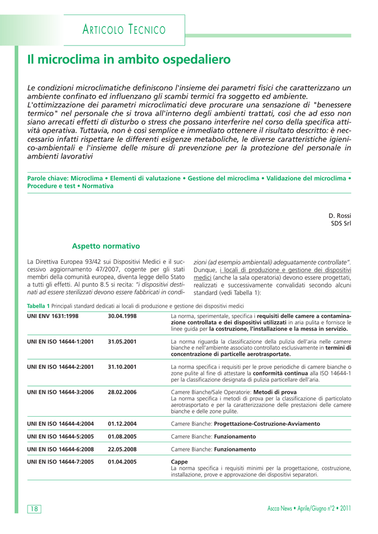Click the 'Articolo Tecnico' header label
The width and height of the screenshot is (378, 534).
[x=124, y=30]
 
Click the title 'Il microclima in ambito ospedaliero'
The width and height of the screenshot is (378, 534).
[x=128, y=60]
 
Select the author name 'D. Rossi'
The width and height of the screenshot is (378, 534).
[x=339, y=215]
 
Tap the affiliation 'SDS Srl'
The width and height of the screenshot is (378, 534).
[x=341, y=224]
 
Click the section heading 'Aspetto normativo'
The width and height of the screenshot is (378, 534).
[x=106, y=246]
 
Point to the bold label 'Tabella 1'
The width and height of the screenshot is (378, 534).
[x=38, y=306]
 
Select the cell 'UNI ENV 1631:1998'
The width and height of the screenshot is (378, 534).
[x=53, y=317]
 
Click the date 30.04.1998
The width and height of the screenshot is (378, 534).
[x=122, y=317]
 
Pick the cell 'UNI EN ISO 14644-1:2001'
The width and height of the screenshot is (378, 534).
[x=60, y=342]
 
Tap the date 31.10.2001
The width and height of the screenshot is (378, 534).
[x=122, y=367]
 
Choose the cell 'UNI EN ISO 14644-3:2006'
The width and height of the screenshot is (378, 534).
[x=60, y=392]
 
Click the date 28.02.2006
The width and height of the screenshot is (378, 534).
[x=122, y=392]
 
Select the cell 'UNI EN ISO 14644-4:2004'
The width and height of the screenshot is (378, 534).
[x=60, y=424]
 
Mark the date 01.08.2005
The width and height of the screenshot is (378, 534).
[x=122, y=436]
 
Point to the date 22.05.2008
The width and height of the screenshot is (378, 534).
[x=122, y=449]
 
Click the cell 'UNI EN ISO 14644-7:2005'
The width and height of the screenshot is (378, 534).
[x=60, y=462]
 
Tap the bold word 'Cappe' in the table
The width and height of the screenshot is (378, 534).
[x=180, y=462]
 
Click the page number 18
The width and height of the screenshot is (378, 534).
[x=34, y=509]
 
